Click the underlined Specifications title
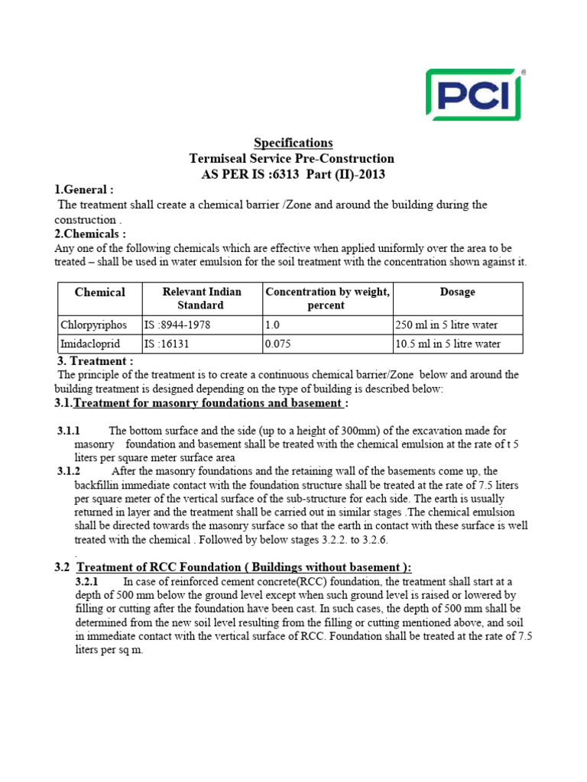coord(293,143)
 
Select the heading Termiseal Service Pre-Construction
coord(292,159)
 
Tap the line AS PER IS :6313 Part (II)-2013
coord(292,174)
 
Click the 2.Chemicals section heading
coord(89,234)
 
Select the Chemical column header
coord(99,292)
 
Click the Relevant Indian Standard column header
coord(202,299)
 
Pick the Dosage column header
coord(457,292)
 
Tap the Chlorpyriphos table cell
coord(93,325)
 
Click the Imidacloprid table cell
coord(91,344)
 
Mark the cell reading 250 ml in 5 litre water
coord(446,325)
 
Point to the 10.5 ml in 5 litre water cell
coord(448,344)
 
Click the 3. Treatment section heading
coord(96,360)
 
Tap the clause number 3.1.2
coord(69,471)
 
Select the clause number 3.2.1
coord(88,582)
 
